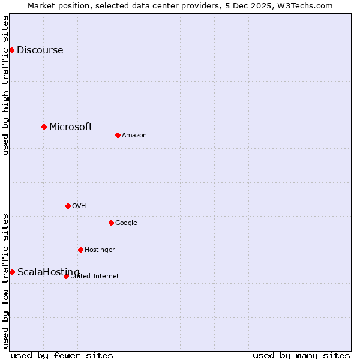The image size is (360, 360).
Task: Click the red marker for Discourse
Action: (11, 50)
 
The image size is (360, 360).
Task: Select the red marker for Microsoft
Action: (44, 127)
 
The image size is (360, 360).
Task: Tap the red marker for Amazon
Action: (118, 135)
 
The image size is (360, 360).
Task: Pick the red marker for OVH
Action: (68, 206)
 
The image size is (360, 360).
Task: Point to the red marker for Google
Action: (111, 223)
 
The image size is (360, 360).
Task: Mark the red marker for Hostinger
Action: (80, 250)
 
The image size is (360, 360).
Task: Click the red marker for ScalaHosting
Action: (12, 272)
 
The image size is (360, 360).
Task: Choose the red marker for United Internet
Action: (66, 276)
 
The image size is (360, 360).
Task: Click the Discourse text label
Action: (40, 50)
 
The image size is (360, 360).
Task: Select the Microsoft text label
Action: (71, 127)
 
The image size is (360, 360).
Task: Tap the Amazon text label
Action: (134, 136)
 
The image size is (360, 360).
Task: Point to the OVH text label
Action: (79, 206)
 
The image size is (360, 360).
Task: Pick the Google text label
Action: (126, 223)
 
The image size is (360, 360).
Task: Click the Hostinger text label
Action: (100, 250)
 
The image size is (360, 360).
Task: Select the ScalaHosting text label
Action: (48, 272)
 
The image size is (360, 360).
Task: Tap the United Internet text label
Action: (95, 277)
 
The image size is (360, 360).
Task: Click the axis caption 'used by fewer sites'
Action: (62, 355)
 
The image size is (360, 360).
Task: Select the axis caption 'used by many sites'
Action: (301, 355)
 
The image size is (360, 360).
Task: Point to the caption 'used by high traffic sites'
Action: (5, 85)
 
